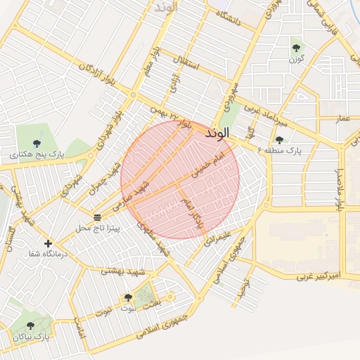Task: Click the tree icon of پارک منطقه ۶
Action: click(x=280, y=140)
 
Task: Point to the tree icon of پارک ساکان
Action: click(x=30, y=326)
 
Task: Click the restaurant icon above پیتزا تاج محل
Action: click(x=97, y=217)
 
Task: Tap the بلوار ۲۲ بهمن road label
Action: click(x=172, y=118)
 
